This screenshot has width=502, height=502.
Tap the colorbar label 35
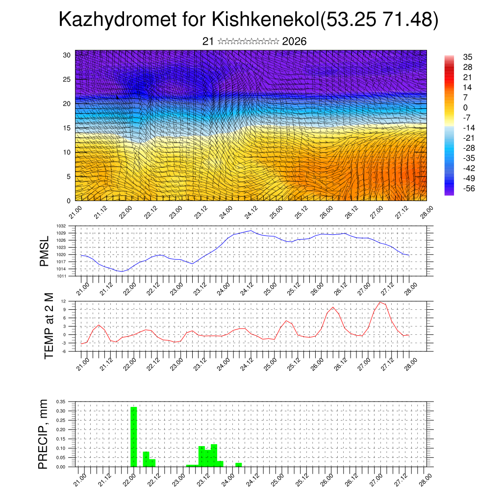[468, 57]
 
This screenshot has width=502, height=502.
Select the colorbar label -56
[468, 189]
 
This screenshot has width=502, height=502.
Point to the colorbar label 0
[465, 108]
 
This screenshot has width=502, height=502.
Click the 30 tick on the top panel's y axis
[67, 55]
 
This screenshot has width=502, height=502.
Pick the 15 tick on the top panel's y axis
[67, 128]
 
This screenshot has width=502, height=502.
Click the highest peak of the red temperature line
[380, 302]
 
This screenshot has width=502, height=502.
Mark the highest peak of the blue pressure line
[251, 230]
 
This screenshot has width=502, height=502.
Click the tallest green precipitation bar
[134, 436]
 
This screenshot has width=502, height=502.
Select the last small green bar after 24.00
[239, 464]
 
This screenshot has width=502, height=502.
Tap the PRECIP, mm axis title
[44, 434]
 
